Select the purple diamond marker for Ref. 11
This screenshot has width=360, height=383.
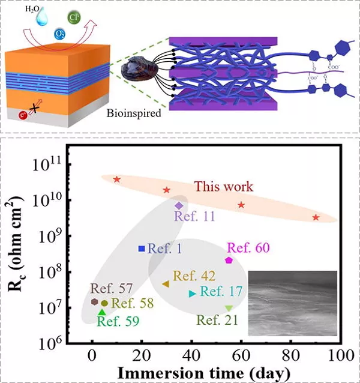[179, 206]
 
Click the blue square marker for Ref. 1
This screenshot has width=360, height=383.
[142, 249]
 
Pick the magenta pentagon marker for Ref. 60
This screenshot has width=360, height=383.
[229, 260]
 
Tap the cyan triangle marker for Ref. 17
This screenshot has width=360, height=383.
[192, 294]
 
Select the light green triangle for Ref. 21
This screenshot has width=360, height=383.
[229, 309]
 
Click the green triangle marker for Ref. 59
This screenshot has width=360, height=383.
[102, 312]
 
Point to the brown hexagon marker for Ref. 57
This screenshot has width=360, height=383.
[94, 301]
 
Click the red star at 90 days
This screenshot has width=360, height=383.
[316, 217]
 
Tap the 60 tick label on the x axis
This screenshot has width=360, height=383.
[241, 355]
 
